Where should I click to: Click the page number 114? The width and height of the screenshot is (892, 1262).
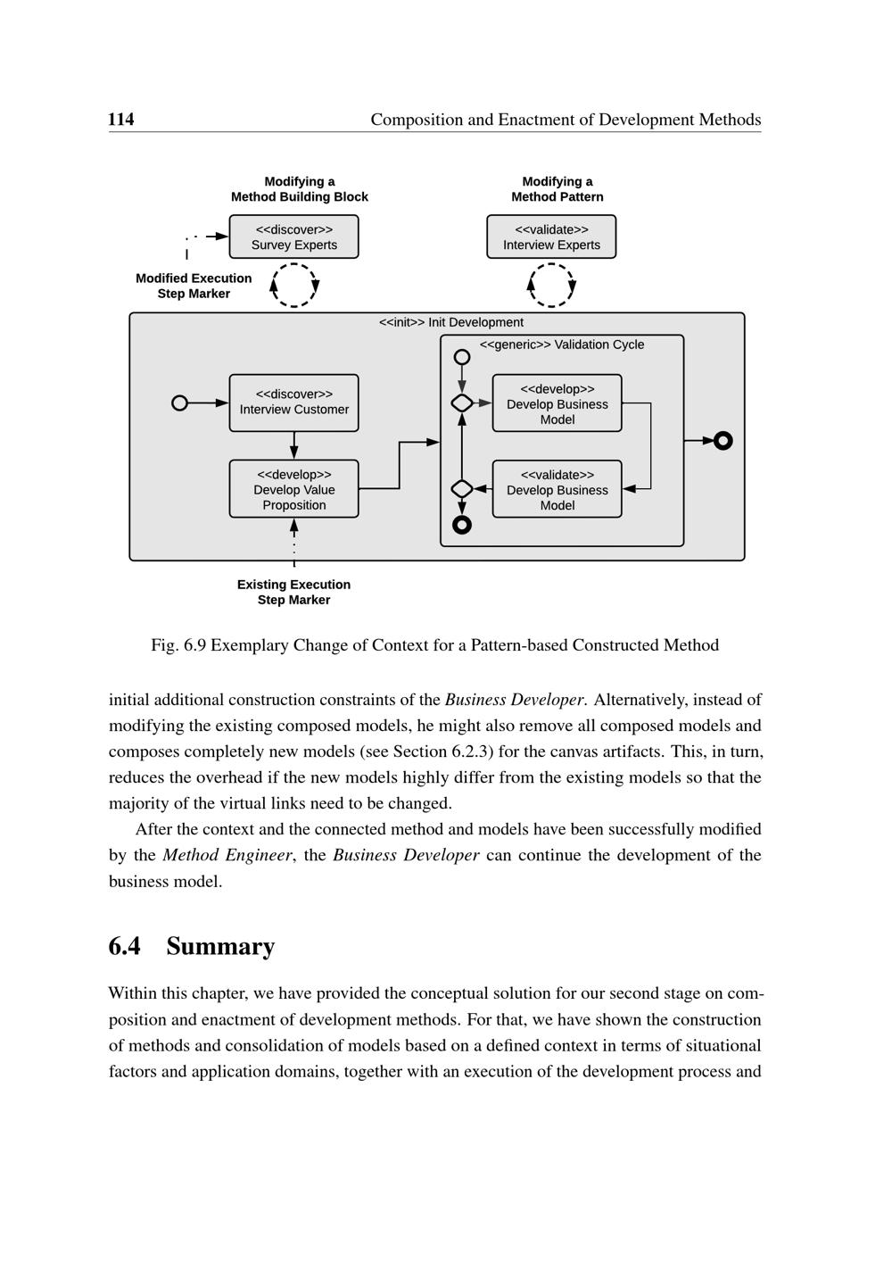pyautogui.click(x=121, y=120)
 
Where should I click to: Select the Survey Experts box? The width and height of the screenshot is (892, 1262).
pyautogui.click(x=293, y=237)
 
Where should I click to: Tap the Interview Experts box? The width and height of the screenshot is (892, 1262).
pyautogui.click(x=551, y=237)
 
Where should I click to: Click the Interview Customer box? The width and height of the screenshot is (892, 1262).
pyautogui.click(x=293, y=403)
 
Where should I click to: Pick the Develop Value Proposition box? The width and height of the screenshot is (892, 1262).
pyautogui.click(x=293, y=489)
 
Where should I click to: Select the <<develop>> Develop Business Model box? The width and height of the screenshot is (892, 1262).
pyautogui.click(x=557, y=403)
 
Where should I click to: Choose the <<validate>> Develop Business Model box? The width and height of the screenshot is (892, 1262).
pyautogui.click(x=557, y=489)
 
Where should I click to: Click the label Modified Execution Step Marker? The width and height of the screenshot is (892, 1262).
pyautogui.click(x=194, y=286)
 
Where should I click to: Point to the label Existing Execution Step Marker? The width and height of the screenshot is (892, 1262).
pyautogui.click(x=293, y=592)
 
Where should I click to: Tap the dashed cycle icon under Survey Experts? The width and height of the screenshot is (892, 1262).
pyautogui.click(x=294, y=286)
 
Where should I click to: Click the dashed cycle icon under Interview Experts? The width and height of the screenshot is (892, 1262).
pyautogui.click(x=552, y=286)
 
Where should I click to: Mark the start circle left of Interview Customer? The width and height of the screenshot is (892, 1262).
pyautogui.click(x=179, y=403)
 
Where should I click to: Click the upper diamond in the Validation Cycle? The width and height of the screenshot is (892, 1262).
pyautogui.click(x=461, y=403)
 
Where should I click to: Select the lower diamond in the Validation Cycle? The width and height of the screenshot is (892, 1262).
pyautogui.click(x=461, y=489)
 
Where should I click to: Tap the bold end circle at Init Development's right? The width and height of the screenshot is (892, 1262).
pyautogui.click(x=723, y=440)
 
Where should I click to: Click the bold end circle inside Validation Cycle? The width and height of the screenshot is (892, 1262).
pyautogui.click(x=461, y=525)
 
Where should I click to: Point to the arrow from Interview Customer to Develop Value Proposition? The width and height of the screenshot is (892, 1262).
pyautogui.click(x=293, y=445)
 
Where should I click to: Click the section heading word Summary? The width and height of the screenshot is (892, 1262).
pyautogui.click(x=220, y=946)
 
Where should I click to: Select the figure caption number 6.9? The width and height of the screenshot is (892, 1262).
pyautogui.click(x=194, y=645)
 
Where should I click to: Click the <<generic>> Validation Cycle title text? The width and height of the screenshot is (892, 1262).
pyautogui.click(x=561, y=345)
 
